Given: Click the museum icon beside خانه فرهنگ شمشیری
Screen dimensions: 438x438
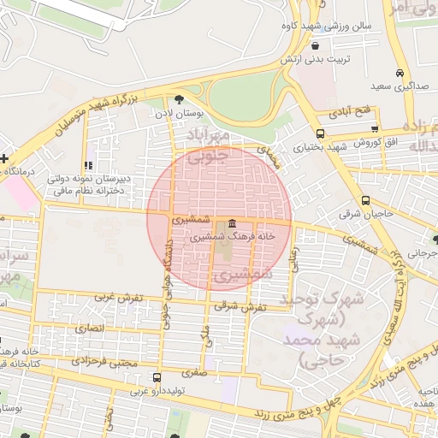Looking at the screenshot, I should (232, 224).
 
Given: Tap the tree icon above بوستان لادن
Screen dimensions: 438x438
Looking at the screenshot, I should (179, 99).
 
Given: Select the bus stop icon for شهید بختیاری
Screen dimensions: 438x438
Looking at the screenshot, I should (320, 134).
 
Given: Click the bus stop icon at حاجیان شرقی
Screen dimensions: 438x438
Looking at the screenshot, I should (366, 201).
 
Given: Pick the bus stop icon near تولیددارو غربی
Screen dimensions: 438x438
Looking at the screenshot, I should (156, 377).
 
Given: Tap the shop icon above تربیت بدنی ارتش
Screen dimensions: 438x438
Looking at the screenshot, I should (317, 45).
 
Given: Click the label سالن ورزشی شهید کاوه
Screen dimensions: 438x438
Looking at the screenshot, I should (329, 27).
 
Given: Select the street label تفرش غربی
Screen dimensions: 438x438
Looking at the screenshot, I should (119, 297).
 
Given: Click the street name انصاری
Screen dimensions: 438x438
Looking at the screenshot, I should (88, 328).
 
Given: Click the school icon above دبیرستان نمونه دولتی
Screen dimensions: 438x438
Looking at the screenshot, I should (88, 165).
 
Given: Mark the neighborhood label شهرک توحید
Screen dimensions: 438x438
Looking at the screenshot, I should (334, 304).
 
